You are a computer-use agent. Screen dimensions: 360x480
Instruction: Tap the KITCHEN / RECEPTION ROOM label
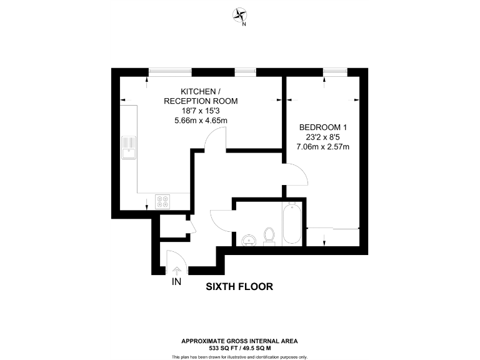200,96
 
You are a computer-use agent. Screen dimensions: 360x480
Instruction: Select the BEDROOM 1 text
322,127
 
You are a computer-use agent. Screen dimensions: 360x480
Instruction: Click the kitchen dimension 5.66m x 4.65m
200,121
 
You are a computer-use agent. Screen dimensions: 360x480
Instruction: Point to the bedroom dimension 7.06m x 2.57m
322,147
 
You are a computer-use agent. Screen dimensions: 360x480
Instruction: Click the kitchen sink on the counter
129,147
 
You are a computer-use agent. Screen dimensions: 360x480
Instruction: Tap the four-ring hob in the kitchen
162,201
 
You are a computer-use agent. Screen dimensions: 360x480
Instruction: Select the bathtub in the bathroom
292,224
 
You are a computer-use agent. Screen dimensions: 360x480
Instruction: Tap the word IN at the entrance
176,282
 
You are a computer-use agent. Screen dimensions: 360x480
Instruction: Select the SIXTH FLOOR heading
239,287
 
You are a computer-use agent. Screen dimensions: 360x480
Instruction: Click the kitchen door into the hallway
215,139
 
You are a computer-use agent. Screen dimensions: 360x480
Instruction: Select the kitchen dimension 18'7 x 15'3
200,111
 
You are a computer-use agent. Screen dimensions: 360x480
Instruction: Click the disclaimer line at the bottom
239,356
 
